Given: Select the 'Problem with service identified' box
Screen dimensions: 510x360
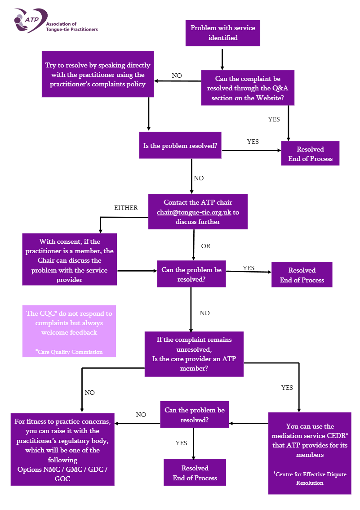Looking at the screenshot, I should tap(222, 33).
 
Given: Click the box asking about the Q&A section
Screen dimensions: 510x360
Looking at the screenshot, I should tap(247, 88).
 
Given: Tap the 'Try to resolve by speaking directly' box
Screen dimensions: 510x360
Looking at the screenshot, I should tap(98, 74).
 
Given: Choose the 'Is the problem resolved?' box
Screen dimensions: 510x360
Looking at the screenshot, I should tap(180, 146).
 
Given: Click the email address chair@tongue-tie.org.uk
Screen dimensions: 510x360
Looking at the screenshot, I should tap(194, 212).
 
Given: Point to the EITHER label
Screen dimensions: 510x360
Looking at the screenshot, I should tap(126, 208).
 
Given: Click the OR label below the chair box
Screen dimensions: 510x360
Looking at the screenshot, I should tap(205, 246).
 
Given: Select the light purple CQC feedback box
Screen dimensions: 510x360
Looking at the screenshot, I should tap(69, 331).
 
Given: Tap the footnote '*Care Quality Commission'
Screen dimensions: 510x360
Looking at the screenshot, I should tap(69, 352).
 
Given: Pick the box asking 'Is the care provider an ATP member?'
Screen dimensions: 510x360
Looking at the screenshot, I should tap(194, 354).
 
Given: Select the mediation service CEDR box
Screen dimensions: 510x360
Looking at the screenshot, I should tap(310, 453).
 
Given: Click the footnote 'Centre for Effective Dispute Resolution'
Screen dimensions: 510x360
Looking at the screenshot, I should tap(310, 479).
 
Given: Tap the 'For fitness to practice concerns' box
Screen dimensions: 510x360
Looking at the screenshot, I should tap(62, 449).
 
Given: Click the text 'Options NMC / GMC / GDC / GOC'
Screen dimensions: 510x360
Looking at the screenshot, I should tap(62, 474).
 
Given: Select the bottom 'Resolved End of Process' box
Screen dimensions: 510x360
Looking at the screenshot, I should tap(195, 473).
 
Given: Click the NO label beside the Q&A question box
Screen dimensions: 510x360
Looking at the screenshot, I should tap(177, 76).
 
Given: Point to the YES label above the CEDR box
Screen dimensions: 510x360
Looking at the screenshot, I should tap(287, 387).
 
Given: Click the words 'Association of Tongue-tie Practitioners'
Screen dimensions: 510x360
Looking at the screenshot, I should tap(72, 27).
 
